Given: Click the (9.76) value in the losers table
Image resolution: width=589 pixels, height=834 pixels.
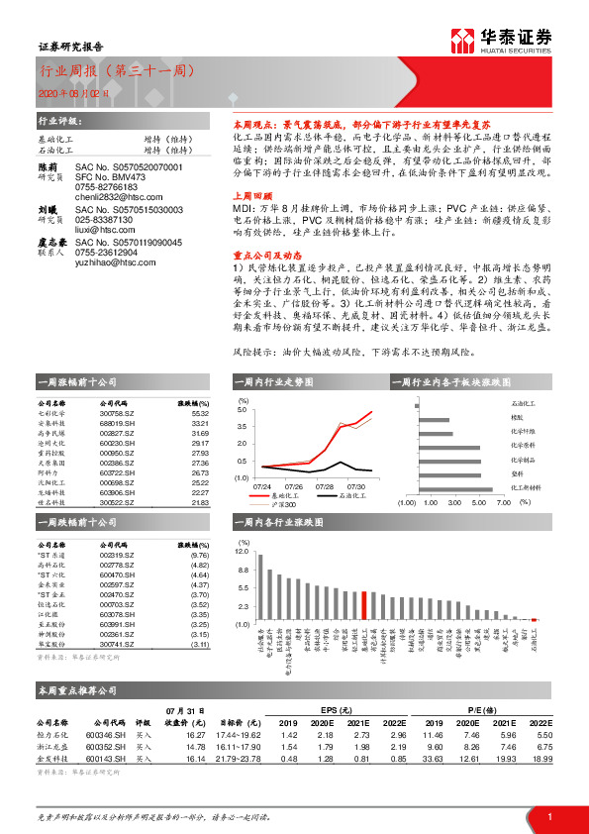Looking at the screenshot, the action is pyautogui.click(x=199, y=556).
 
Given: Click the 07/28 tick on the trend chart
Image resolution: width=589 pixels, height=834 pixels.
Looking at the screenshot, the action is pyautogui.click(x=325, y=486).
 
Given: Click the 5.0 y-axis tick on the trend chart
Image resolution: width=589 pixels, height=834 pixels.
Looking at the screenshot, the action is pyautogui.click(x=243, y=410).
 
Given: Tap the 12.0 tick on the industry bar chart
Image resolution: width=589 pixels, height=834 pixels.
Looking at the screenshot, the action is pyautogui.click(x=244, y=549).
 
